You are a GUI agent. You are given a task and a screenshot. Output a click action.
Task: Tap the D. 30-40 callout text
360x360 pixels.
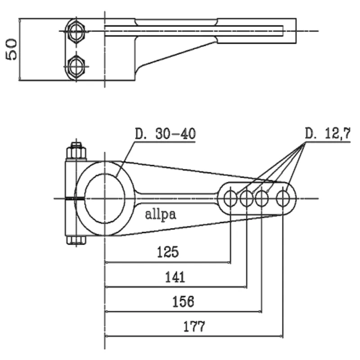165,134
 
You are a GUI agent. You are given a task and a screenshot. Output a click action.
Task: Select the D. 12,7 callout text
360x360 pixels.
328,134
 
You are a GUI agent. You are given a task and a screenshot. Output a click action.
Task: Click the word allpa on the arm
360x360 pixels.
161,214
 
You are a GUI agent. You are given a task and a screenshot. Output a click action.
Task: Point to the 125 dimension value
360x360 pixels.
167,252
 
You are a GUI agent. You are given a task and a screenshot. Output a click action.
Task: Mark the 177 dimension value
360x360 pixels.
194,326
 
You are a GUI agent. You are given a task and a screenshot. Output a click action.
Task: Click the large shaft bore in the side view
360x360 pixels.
105,198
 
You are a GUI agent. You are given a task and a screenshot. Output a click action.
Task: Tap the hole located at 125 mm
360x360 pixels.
230,198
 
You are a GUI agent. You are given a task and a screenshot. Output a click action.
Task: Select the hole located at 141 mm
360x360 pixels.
247,198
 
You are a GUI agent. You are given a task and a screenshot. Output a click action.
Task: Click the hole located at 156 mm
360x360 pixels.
262,198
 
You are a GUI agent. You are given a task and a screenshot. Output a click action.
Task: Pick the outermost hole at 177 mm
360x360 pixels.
283,198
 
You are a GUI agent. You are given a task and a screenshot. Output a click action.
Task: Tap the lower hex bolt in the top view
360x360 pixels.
76,67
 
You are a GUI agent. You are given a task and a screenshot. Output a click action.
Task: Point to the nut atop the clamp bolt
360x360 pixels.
76,151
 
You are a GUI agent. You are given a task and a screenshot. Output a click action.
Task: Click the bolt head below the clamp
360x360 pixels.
76,240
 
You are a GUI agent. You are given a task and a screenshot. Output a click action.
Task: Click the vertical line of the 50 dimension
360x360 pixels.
20,49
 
